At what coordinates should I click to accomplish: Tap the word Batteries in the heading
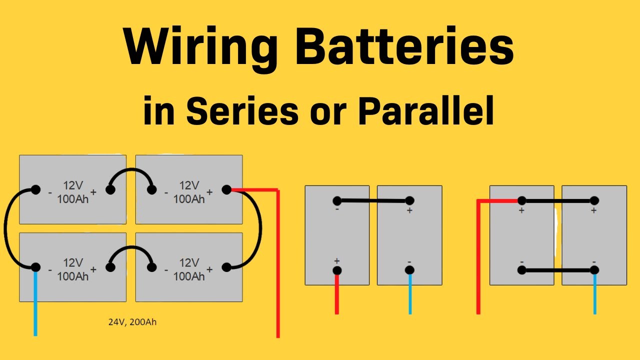click(x=404, y=47)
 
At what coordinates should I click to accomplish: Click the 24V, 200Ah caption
click(x=132, y=322)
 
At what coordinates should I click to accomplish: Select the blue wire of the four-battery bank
click(x=35, y=305)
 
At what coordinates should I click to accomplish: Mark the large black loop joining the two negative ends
click(x=7, y=228)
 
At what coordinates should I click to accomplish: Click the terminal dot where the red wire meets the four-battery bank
click(x=226, y=189)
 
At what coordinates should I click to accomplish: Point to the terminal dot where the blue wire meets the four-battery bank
click(x=35, y=267)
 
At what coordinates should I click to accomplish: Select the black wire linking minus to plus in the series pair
click(x=373, y=201)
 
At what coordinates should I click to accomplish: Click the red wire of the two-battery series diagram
click(x=337, y=295)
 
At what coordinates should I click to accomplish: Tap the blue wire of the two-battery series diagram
click(x=409, y=295)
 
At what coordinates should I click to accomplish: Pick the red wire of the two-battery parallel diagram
click(x=478, y=260)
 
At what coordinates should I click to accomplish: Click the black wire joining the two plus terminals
click(x=557, y=200)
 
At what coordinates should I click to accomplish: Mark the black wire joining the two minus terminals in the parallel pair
click(x=557, y=270)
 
